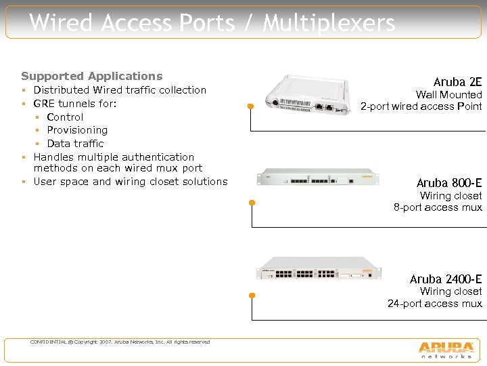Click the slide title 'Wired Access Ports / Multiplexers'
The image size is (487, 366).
point(212,23)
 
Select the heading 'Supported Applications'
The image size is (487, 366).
point(92,76)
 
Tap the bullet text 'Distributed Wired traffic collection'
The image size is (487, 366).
point(120,89)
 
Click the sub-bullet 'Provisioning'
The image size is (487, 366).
point(77,129)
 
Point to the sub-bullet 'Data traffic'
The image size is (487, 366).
point(75,143)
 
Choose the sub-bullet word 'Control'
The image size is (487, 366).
point(65,117)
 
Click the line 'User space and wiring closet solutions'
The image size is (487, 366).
point(131,181)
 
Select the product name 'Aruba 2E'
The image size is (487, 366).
point(458,82)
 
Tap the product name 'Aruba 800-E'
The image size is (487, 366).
point(449,182)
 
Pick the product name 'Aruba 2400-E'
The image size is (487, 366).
point(446,279)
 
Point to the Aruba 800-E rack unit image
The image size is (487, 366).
point(316,178)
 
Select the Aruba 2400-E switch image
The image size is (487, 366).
point(316,268)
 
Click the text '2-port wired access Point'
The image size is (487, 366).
point(421,106)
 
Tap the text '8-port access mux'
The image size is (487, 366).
point(438,207)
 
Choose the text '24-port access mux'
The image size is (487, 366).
point(435,303)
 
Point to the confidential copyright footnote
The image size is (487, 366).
point(120,342)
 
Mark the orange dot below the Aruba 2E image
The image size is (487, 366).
point(250,106)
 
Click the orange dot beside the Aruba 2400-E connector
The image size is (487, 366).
point(251,296)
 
